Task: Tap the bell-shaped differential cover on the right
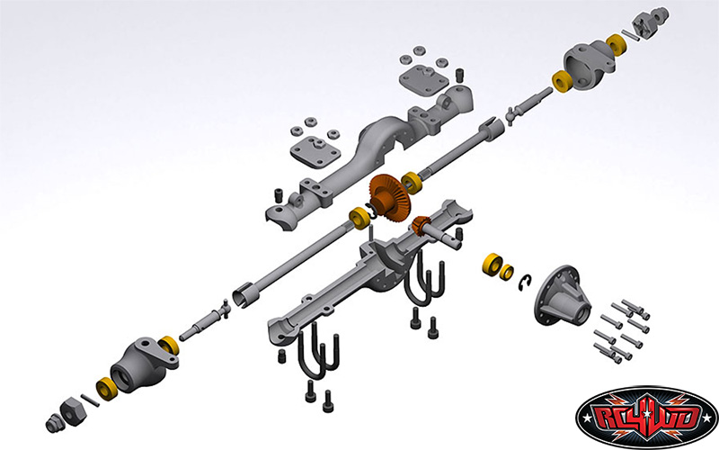pos(562,296)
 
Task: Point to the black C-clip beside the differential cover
pos(525,283)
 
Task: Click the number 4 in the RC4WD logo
pos(646,415)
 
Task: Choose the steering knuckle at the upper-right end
pos(590,64)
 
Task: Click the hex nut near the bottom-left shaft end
pos(74,412)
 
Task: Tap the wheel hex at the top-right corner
pos(649,21)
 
